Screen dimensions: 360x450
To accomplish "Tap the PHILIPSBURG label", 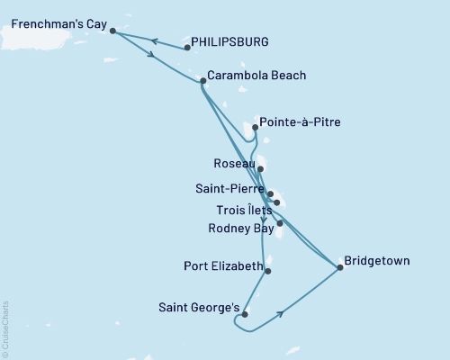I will click(x=231, y=41).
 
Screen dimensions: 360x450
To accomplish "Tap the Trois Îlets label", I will click(x=238, y=210).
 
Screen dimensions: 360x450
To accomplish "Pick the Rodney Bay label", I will click(x=238, y=229).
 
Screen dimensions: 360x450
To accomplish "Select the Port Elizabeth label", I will click(x=221, y=266).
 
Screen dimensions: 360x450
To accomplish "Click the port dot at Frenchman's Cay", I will click(x=112, y=31).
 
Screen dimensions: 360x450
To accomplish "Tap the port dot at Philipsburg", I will click(x=186, y=47).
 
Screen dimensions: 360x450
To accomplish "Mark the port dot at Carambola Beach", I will click(x=202, y=81).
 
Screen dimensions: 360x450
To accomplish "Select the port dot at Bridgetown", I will click(x=339, y=266).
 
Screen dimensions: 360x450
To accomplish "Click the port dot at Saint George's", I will click(x=245, y=314).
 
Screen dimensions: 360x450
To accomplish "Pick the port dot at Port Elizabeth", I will click(x=268, y=270).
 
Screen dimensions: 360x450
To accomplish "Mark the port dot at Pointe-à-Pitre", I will click(x=256, y=128).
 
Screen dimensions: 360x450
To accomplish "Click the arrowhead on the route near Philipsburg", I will click(x=154, y=40).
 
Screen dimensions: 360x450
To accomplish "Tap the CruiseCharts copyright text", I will click(x=5, y=328).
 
